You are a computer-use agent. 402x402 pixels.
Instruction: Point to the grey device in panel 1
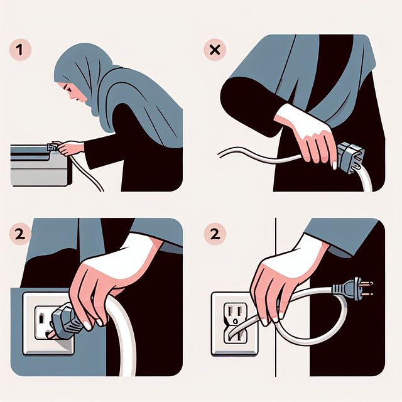39,165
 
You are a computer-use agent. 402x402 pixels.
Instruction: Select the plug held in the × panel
350,157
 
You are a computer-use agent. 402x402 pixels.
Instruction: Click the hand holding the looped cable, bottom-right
276,283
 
